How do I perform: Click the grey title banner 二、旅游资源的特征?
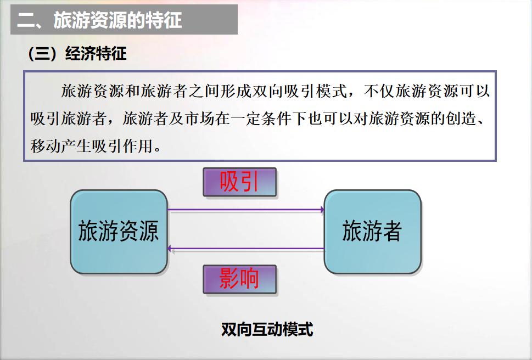click(124, 19)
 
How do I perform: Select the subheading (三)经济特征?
click(77, 54)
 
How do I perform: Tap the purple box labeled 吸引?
click(239, 182)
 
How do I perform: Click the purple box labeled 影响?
click(239, 279)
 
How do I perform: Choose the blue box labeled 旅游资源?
click(119, 232)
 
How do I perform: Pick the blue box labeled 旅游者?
click(373, 232)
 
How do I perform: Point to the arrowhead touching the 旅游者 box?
click(322, 210)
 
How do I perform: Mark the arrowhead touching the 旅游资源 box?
click(169, 249)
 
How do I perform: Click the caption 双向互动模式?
click(267, 329)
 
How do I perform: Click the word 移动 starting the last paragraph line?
click(46, 147)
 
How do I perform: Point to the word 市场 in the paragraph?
click(200, 119)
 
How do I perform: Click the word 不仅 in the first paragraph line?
click(379, 91)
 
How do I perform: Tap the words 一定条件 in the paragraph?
click(261, 119)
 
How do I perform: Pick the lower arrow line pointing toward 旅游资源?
click(246, 249)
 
